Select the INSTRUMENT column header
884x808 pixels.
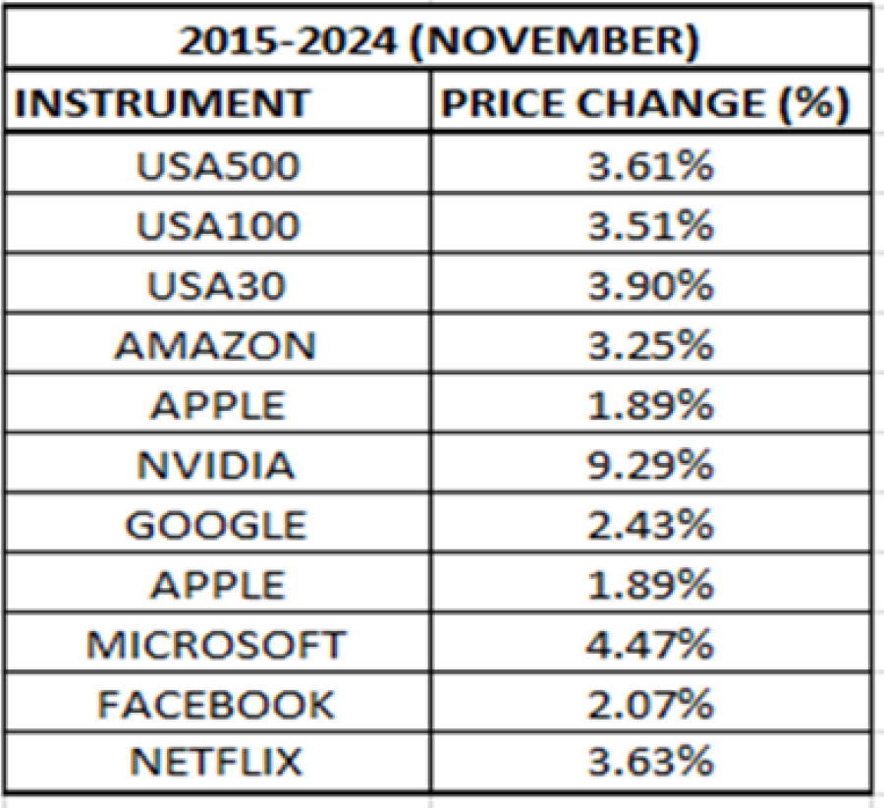coord(163,103)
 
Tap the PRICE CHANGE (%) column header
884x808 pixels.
coord(643,103)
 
